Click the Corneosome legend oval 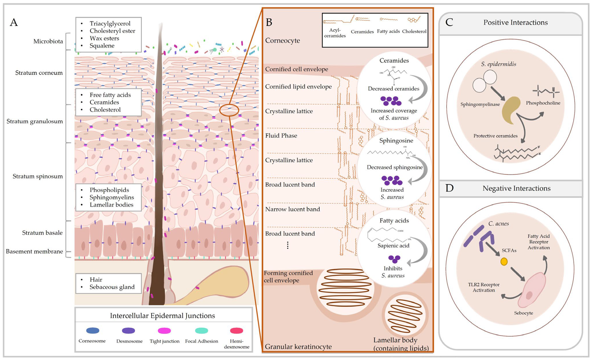[x=93, y=330]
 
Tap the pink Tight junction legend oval [x=164, y=330]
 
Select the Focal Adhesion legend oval [x=202, y=330]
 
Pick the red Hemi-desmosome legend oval [x=236, y=330]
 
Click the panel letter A [x=14, y=23]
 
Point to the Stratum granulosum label [x=35, y=121]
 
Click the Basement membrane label [x=34, y=251]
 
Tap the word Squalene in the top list [x=102, y=46]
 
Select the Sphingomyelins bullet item [x=111, y=197]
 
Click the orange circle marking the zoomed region [x=229, y=110]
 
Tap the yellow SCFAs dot [x=504, y=262]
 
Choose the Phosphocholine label [x=543, y=103]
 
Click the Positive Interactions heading [x=515, y=23]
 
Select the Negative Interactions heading [x=516, y=188]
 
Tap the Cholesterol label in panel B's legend [x=414, y=31]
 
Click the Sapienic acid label [x=393, y=246]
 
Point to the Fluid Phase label [x=281, y=136]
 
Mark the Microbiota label [x=48, y=41]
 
